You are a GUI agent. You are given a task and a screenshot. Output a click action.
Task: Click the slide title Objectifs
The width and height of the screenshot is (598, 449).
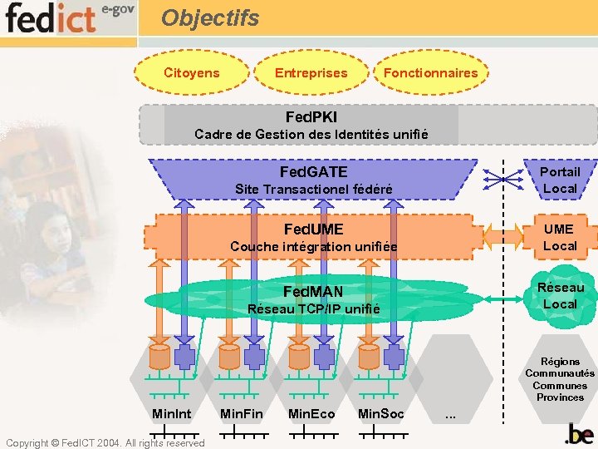pos(210,17)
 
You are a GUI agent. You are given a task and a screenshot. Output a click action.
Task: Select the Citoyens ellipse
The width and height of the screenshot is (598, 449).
pos(192,72)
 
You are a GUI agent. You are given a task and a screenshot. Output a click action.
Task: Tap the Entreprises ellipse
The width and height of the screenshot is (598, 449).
pos(311,72)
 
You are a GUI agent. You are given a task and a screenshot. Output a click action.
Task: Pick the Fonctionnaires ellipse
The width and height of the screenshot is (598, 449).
pos(430,72)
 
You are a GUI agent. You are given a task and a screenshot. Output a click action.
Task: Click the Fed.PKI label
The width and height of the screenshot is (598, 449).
pos(311,117)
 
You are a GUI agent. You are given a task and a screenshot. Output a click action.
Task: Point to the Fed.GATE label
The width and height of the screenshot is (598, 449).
pos(313,172)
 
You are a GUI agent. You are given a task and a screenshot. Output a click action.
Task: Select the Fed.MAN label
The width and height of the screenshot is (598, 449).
pos(313,291)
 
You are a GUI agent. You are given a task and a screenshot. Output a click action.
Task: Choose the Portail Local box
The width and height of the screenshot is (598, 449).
pos(560,180)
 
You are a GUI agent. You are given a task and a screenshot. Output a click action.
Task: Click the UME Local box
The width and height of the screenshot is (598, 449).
pos(560,237)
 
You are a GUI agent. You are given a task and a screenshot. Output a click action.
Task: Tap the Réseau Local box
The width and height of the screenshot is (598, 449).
pos(560,296)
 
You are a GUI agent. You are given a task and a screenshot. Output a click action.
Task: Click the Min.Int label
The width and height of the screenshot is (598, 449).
pos(172,413)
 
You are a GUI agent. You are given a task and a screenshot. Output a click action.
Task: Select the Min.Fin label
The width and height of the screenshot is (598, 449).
pos(241,413)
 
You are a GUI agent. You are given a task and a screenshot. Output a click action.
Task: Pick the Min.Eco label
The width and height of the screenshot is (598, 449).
pos(311,413)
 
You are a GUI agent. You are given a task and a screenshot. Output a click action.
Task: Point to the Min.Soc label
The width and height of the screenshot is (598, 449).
pos(380,413)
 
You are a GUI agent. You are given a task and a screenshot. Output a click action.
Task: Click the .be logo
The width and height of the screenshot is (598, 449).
pos(579,434)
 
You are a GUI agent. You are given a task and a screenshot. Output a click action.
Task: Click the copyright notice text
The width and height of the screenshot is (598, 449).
pos(104,442)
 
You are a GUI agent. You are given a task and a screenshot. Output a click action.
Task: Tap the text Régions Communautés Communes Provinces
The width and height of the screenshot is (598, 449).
pos(560,379)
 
